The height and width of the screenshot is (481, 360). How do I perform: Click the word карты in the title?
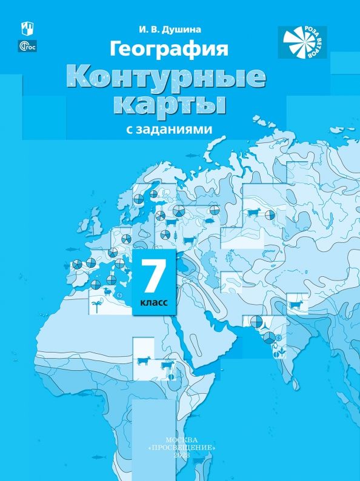[x=165, y=105]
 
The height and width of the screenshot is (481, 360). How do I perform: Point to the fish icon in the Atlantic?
[x=72, y=249]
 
